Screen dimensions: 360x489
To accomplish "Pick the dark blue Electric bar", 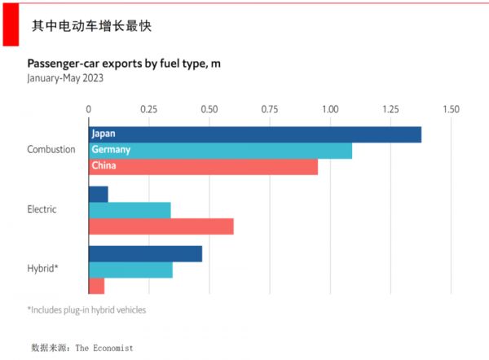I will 98,194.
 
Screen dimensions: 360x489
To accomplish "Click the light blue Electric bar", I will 129,210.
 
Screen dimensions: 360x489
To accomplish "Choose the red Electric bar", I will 161,226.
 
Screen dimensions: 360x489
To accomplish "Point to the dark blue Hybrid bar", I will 145,253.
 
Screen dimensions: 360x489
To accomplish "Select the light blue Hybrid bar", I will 130,270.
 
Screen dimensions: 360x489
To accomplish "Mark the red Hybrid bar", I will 96,286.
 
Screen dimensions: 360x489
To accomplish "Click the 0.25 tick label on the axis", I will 148,108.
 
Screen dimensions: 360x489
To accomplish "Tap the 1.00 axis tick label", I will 330,108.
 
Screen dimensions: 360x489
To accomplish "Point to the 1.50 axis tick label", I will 451,108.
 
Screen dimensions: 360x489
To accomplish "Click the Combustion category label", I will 51,150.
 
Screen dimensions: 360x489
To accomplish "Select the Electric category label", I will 42,209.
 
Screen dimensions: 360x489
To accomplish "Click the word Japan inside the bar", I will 104,134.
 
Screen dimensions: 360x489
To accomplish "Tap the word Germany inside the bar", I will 112,151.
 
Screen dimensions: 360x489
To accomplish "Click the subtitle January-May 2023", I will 65,79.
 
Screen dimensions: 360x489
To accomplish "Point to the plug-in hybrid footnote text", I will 86,310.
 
